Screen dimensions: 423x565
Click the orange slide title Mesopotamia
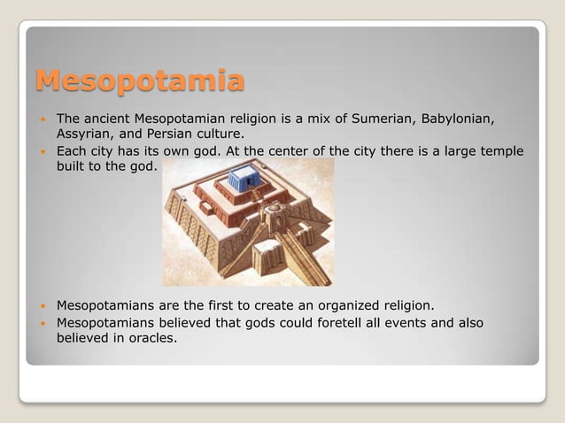[x=140, y=82]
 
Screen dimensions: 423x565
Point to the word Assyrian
[x=86, y=135]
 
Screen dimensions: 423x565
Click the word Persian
[x=176, y=135]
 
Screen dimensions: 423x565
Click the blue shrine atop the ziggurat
[x=244, y=180]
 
